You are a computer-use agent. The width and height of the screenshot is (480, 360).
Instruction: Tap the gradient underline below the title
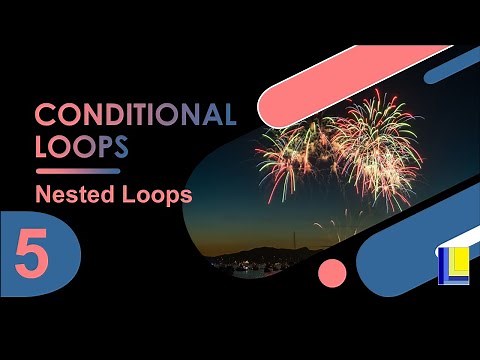click(78, 171)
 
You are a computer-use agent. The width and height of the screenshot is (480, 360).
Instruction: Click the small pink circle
click(331, 272)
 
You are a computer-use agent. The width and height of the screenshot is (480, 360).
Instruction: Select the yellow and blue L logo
click(452, 263)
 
